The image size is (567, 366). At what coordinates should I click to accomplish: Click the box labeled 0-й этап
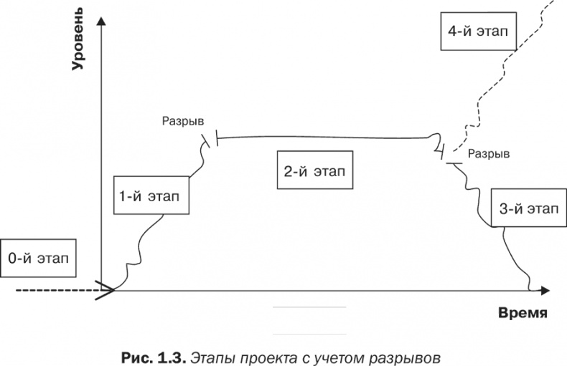(x=38, y=258)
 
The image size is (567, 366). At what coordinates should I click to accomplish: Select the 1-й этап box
(x=151, y=196)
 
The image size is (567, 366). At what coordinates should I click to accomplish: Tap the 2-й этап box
(x=315, y=170)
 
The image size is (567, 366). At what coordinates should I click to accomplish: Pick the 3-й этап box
(x=529, y=208)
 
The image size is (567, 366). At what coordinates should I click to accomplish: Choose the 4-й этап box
(x=478, y=31)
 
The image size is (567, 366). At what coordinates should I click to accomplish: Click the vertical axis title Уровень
(x=77, y=39)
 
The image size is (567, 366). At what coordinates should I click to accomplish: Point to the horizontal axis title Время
(x=523, y=312)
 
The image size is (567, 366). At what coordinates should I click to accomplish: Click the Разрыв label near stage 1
(x=182, y=121)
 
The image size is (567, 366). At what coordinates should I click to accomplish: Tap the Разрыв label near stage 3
(x=489, y=154)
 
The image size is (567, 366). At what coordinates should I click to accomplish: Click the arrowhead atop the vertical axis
(x=102, y=21)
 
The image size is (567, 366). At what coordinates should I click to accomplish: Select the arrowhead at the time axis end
(x=545, y=291)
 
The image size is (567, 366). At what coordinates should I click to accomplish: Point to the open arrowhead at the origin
(x=106, y=290)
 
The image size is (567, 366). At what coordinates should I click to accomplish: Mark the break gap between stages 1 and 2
(x=212, y=140)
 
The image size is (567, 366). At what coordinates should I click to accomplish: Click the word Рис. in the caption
(x=136, y=358)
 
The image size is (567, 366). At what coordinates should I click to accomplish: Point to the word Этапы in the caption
(x=212, y=358)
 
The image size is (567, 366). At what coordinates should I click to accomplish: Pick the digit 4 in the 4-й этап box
(x=453, y=31)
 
